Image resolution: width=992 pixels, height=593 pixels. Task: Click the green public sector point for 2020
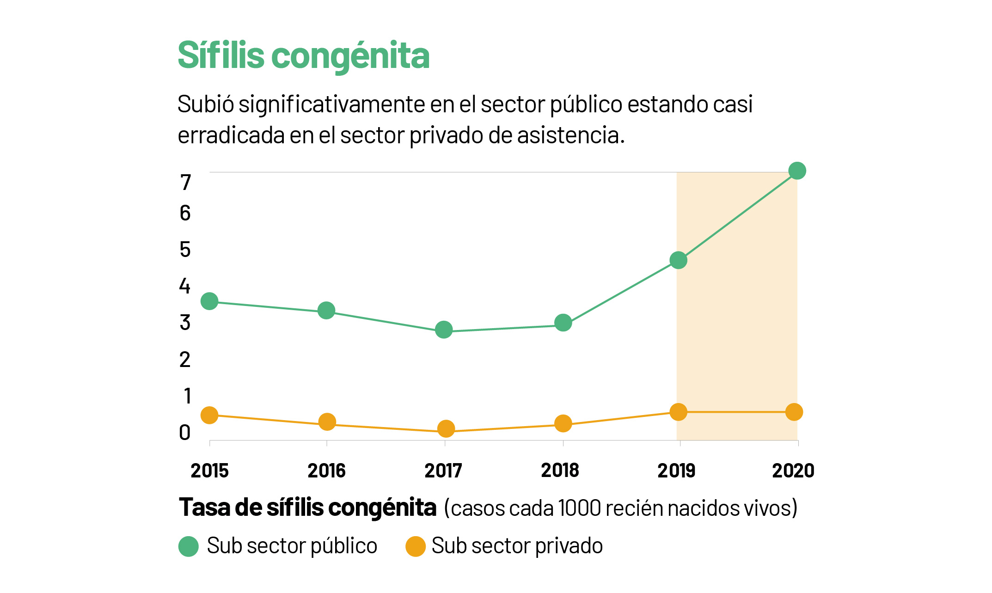pyautogui.click(x=797, y=171)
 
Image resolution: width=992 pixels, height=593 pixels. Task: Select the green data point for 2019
pyautogui.click(x=678, y=260)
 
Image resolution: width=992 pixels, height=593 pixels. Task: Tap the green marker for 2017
pyautogui.click(x=444, y=330)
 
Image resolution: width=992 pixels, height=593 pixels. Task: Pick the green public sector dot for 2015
pyautogui.click(x=209, y=301)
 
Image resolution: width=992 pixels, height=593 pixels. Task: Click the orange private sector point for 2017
pyautogui.click(x=446, y=429)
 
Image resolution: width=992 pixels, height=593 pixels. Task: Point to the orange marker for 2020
pyautogui.click(x=794, y=412)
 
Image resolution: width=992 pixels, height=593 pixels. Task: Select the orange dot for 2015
pyautogui.click(x=209, y=415)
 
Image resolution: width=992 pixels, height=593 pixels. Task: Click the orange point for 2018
pyautogui.click(x=563, y=423)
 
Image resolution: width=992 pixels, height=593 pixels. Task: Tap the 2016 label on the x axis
pyautogui.click(x=326, y=471)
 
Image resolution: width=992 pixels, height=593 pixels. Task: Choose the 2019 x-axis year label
pyautogui.click(x=676, y=471)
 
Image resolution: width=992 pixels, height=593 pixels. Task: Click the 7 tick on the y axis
pyautogui.click(x=185, y=183)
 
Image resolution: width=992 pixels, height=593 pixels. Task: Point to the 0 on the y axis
pyautogui.click(x=185, y=433)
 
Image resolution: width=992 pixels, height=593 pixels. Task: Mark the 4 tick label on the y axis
pyautogui.click(x=185, y=286)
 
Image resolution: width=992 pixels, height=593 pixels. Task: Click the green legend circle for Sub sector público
pyautogui.click(x=189, y=546)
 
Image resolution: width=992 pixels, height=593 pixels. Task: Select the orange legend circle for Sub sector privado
pyautogui.click(x=415, y=546)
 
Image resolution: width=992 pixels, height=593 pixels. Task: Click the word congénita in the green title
pyautogui.click(x=350, y=56)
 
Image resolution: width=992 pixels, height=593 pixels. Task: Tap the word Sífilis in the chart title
pyautogui.click(x=221, y=55)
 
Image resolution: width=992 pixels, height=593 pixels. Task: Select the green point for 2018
pyautogui.click(x=563, y=323)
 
